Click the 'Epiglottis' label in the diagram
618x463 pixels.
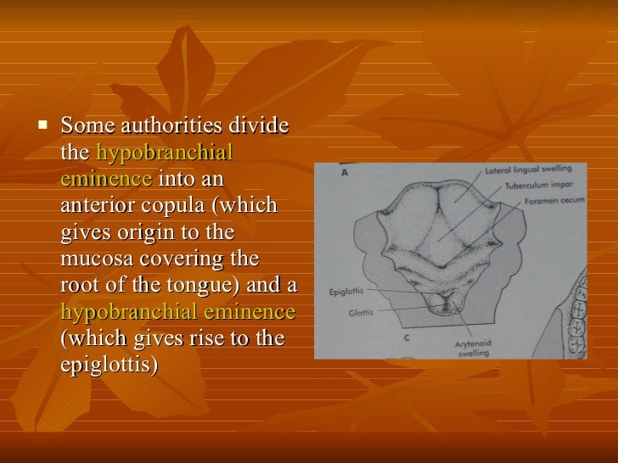[346, 293]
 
